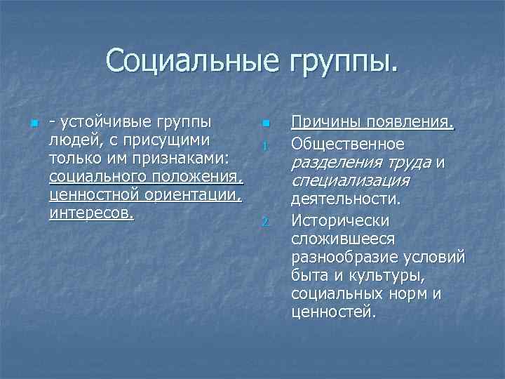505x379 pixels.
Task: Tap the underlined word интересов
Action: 91,213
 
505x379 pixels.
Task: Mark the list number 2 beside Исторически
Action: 265,223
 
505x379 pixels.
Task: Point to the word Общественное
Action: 348,144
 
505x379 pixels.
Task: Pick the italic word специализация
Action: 349,181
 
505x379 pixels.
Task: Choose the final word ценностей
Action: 333,312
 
